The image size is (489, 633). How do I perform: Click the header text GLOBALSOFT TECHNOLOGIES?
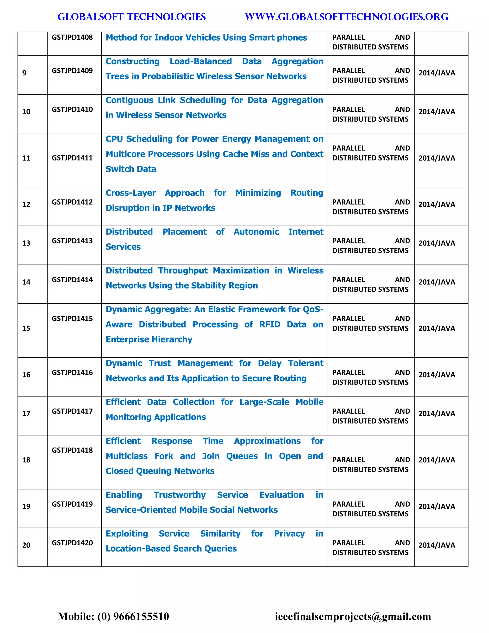point(132,17)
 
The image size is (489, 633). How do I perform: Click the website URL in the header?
point(346,17)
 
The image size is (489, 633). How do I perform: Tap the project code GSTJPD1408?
point(72,38)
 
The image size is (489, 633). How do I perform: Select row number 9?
point(24,73)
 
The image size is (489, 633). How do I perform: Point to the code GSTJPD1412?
point(72,202)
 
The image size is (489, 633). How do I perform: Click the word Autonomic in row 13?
point(256,232)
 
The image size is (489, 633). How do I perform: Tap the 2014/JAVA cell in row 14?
point(436,282)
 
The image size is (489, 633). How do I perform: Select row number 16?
point(26,375)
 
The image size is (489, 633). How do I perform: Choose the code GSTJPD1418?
point(72,450)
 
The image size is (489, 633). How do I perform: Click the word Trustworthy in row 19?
point(180,495)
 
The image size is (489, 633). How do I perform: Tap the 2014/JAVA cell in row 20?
point(436,545)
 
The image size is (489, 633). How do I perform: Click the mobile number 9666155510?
point(141,617)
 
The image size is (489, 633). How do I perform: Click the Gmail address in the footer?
point(353,617)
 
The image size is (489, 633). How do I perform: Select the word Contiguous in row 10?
point(129,100)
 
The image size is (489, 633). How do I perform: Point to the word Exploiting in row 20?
point(127,534)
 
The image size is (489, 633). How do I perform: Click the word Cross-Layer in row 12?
point(130,193)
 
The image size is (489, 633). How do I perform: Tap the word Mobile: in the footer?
point(76,617)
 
